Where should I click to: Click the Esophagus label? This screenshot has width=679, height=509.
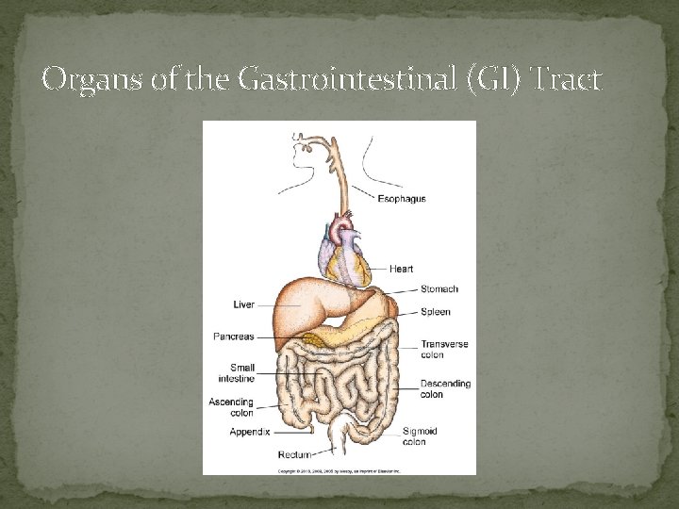(x=402, y=199)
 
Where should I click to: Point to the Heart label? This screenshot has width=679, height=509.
(x=401, y=270)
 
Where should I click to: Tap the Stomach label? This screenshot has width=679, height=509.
(x=439, y=289)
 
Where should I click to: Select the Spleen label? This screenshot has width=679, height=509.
(x=435, y=312)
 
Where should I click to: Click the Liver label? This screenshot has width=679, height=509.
(x=243, y=304)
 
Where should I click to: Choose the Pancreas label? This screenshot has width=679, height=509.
(x=234, y=337)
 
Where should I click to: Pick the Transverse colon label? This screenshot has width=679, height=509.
(x=444, y=350)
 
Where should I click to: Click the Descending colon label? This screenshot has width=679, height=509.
(x=445, y=389)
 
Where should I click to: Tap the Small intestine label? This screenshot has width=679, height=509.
(x=236, y=373)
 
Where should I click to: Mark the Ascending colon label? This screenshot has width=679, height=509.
(x=230, y=407)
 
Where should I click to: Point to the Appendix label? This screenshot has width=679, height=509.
(x=249, y=432)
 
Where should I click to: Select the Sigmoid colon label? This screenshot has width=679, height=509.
(x=420, y=436)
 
